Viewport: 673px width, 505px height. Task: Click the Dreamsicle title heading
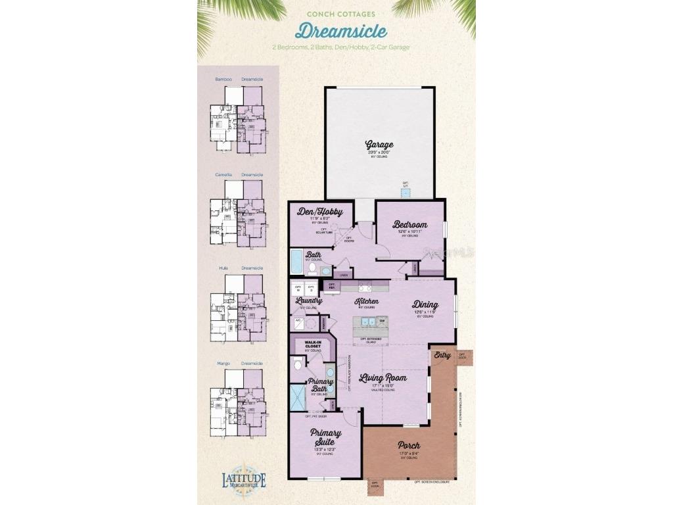[x=340, y=31]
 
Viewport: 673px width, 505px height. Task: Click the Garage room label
[x=379, y=145]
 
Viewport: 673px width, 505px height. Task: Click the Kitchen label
[x=367, y=301]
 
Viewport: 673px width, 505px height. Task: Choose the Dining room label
[x=425, y=304]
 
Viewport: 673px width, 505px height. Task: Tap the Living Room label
[x=383, y=378]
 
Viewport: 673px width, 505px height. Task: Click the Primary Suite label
[x=325, y=437]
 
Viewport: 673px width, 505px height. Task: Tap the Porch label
[x=409, y=445]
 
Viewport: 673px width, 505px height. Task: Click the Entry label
[x=442, y=355]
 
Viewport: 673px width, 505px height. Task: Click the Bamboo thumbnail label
[x=223, y=80]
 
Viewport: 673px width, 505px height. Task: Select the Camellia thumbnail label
[x=224, y=175]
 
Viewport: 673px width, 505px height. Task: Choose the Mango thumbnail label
[x=223, y=363]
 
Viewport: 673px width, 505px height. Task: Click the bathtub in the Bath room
[x=296, y=264]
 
